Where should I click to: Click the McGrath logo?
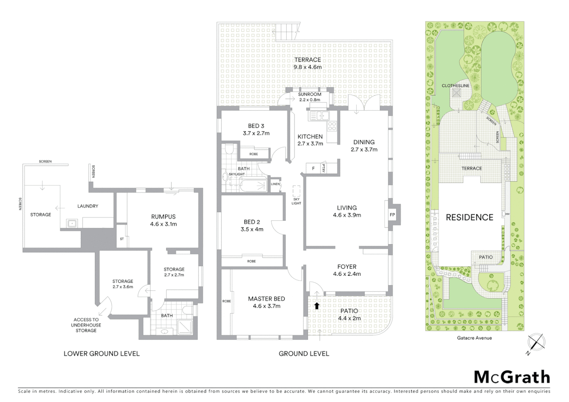[x=512, y=377]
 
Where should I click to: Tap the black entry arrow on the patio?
[x=317, y=306]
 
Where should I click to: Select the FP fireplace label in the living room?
[x=392, y=215]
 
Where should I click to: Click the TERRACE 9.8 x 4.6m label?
[x=307, y=63]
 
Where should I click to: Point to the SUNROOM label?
[x=309, y=95]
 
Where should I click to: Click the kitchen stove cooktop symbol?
[x=331, y=126]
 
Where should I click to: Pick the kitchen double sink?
[x=319, y=116]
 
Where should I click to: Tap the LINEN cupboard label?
[x=275, y=184]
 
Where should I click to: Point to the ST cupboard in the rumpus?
[x=122, y=239]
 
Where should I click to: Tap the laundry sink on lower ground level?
[x=71, y=223]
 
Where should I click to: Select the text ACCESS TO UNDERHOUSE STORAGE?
[x=86, y=325]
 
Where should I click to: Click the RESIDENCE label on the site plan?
[x=469, y=217]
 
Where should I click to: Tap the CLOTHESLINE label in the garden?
[x=455, y=86]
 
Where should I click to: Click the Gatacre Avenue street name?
[x=474, y=338]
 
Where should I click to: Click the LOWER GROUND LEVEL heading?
[x=102, y=354]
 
